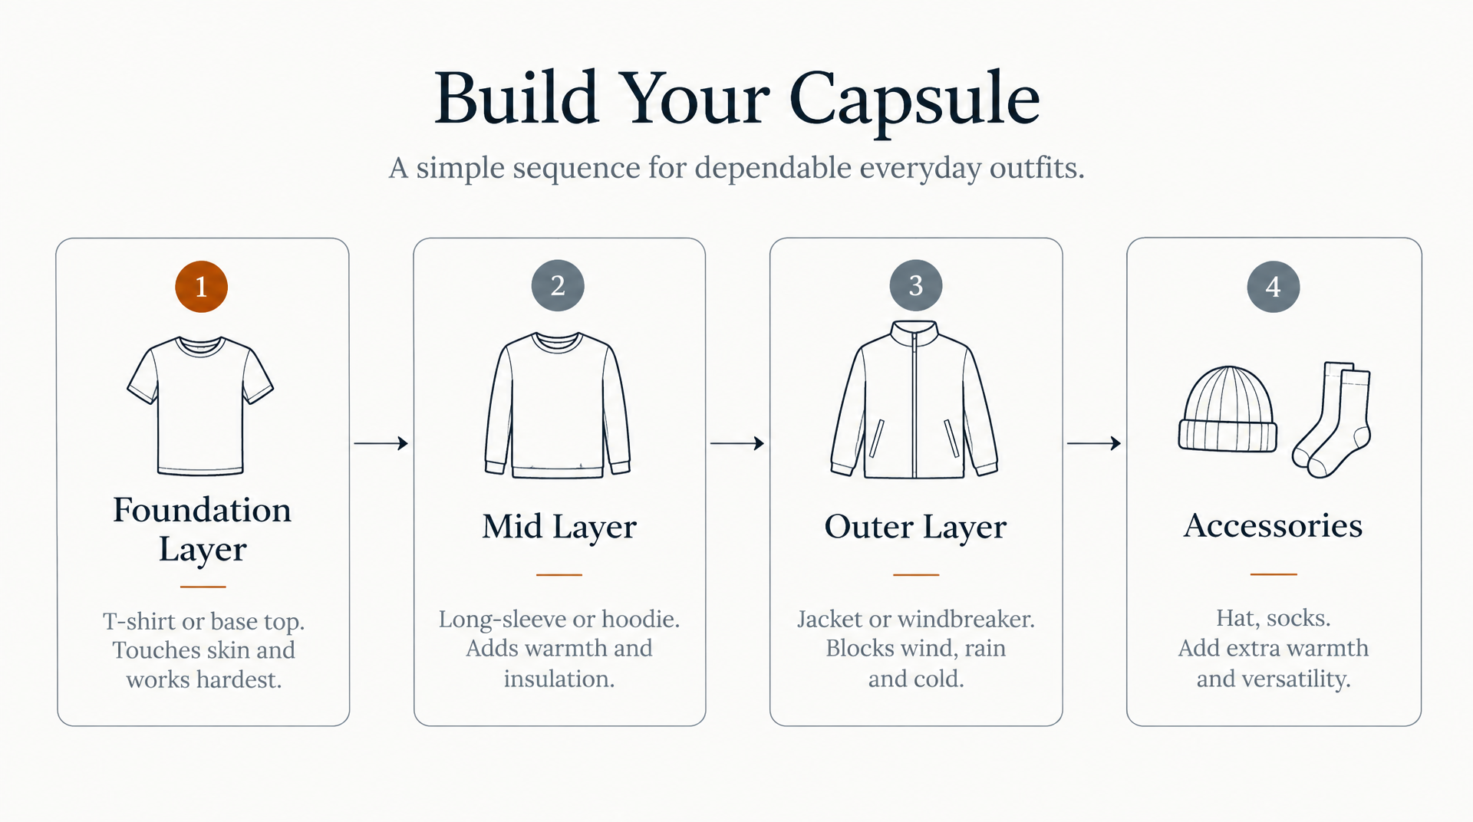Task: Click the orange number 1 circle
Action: coord(201,287)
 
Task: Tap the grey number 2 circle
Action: coord(558,285)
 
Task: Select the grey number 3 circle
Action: coord(916,285)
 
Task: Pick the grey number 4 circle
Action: coord(1274,287)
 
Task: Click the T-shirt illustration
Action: coord(200,406)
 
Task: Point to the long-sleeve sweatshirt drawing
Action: coord(558,406)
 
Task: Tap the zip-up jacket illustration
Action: coord(914,399)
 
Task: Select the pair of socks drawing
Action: coord(1333,419)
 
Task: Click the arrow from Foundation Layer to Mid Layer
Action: coord(381,443)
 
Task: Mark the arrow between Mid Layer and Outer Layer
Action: coord(737,443)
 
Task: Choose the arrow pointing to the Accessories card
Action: coord(1094,443)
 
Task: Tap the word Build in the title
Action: coord(517,97)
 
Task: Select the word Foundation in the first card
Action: coord(202,510)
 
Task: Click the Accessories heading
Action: coord(1274,525)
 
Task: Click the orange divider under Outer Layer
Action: coord(916,574)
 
